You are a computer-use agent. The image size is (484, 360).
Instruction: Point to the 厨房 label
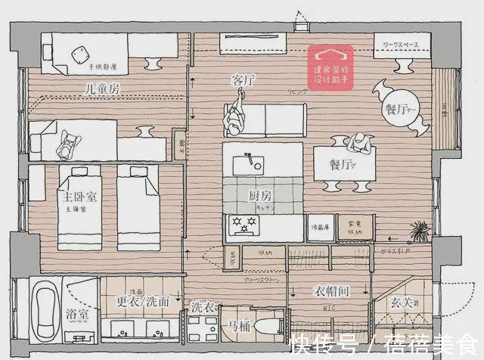coord(260,196)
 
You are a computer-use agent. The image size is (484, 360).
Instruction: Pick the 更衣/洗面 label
coord(142,301)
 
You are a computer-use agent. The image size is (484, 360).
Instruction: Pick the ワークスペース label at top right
coord(402,46)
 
